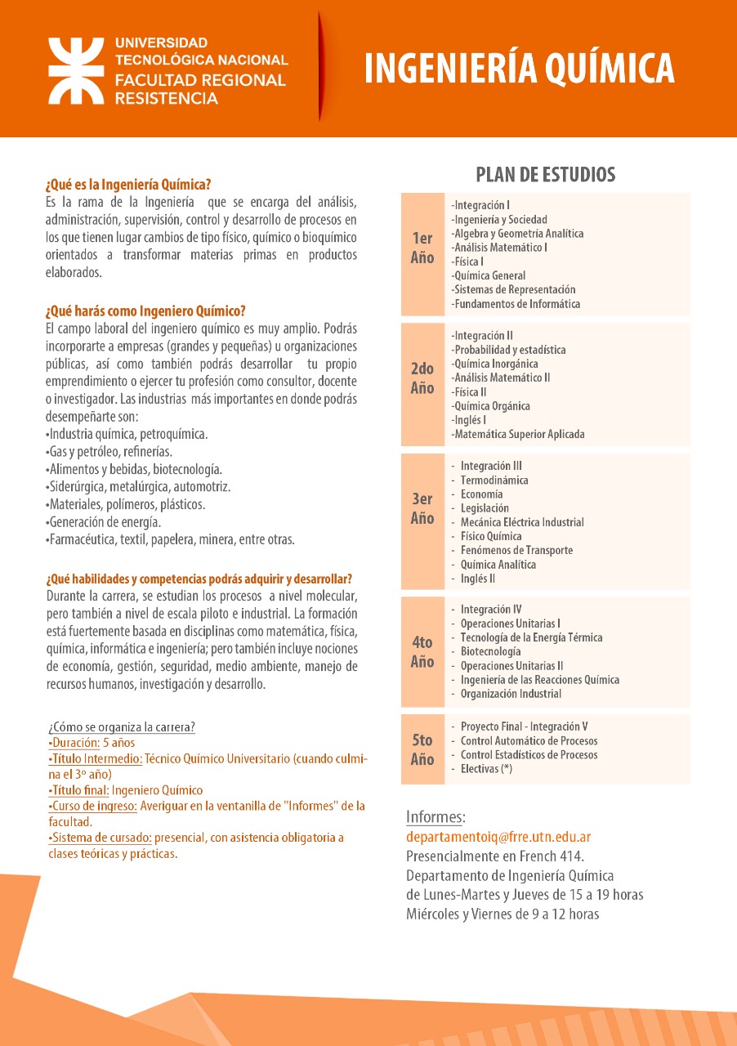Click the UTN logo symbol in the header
(76, 70)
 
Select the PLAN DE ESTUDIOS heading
(546, 174)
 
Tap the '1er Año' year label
(422, 248)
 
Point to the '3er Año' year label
(422, 508)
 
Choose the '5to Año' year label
(422, 749)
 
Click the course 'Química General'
(489, 276)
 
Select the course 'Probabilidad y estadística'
(508, 350)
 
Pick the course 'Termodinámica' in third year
(494, 481)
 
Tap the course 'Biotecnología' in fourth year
(490, 651)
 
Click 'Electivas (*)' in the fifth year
(486, 769)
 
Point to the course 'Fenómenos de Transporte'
(516, 551)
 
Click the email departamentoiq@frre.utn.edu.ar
(498, 838)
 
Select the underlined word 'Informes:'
(436, 817)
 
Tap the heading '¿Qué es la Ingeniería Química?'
(129, 185)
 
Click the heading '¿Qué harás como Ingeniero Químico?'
(145, 311)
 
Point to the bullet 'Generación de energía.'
(104, 522)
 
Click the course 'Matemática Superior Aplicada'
(518, 435)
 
